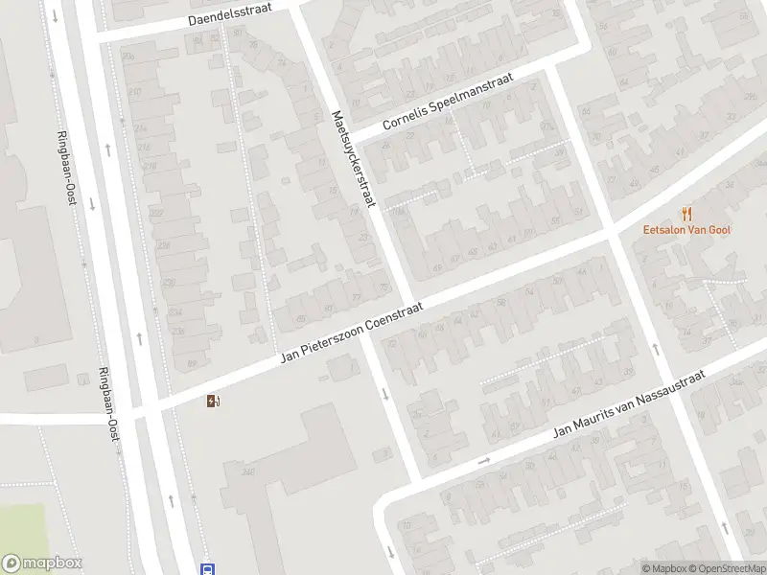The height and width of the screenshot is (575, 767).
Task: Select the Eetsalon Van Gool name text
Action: [686, 231]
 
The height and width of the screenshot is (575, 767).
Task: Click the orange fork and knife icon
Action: [686, 214]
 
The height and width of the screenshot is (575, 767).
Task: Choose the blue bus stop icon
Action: [207, 568]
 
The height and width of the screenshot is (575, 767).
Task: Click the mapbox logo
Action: [42, 563]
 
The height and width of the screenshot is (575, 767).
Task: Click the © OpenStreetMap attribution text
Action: [727, 568]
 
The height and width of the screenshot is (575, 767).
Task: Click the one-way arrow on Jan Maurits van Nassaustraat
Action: [484, 461]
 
